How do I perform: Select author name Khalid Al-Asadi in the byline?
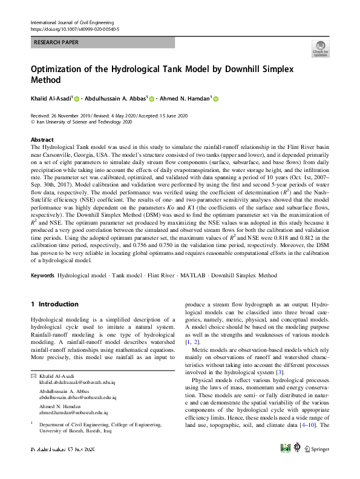coord(51,98)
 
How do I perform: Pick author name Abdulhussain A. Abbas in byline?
coord(115,98)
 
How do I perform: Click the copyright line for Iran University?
coord(84,121)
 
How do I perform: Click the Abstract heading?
coord(42,139)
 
